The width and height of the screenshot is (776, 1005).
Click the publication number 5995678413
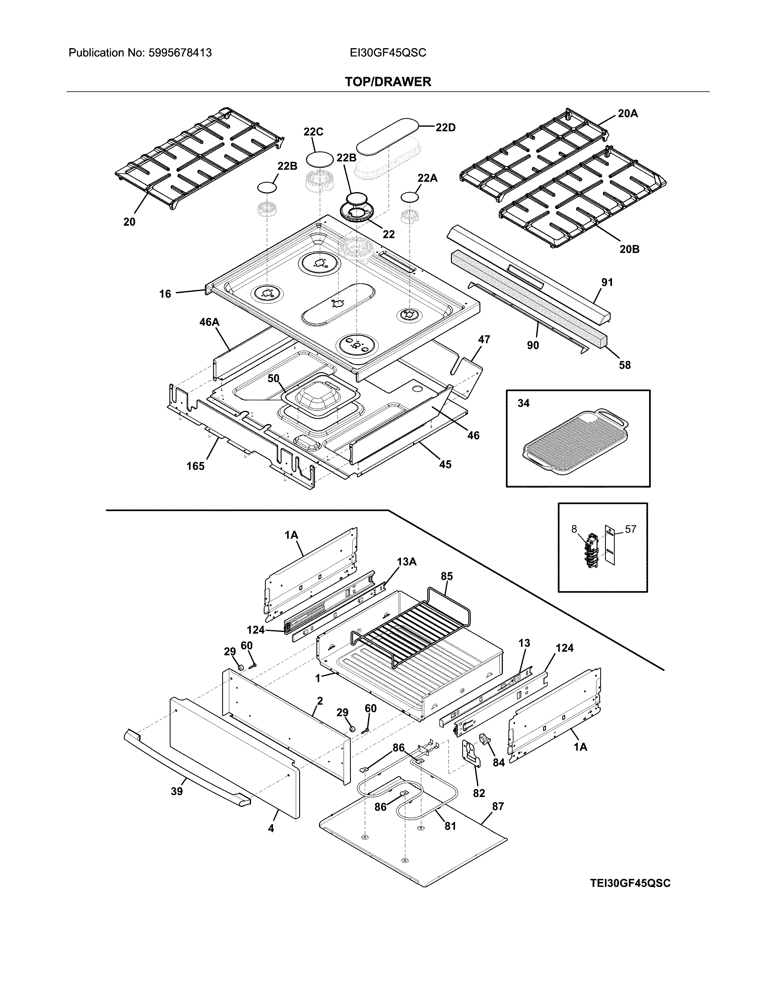pos(180,53)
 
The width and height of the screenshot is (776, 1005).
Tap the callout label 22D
pos(446,128)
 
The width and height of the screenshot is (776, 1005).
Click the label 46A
pos(209,322)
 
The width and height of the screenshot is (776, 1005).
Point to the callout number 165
pos(195,466)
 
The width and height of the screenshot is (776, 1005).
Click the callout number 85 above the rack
pos(446,576)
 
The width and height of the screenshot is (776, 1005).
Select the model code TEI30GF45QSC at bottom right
pos(630,883)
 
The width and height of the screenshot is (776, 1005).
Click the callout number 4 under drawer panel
pos(271,828)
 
